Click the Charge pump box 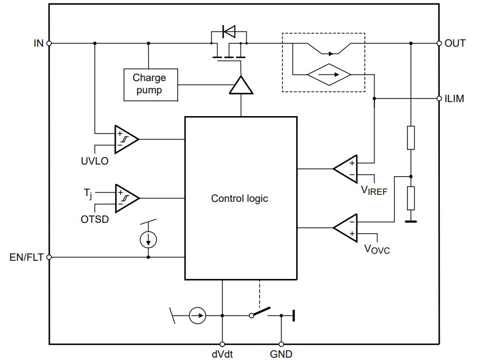click(150, 84)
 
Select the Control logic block click(239, 198)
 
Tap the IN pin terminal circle click(49, 43)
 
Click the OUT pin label click(455, 43)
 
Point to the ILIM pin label click(454, 99)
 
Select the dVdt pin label click(222, 354)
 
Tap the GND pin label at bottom click(281, 354)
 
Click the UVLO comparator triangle click(125, 139)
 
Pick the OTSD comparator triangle click(125, 197)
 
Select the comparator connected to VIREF click(346, 169)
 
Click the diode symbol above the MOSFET click(228, 31)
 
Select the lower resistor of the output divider click(411, 198)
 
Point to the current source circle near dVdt click(198, 316)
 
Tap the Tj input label click(89, 191)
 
